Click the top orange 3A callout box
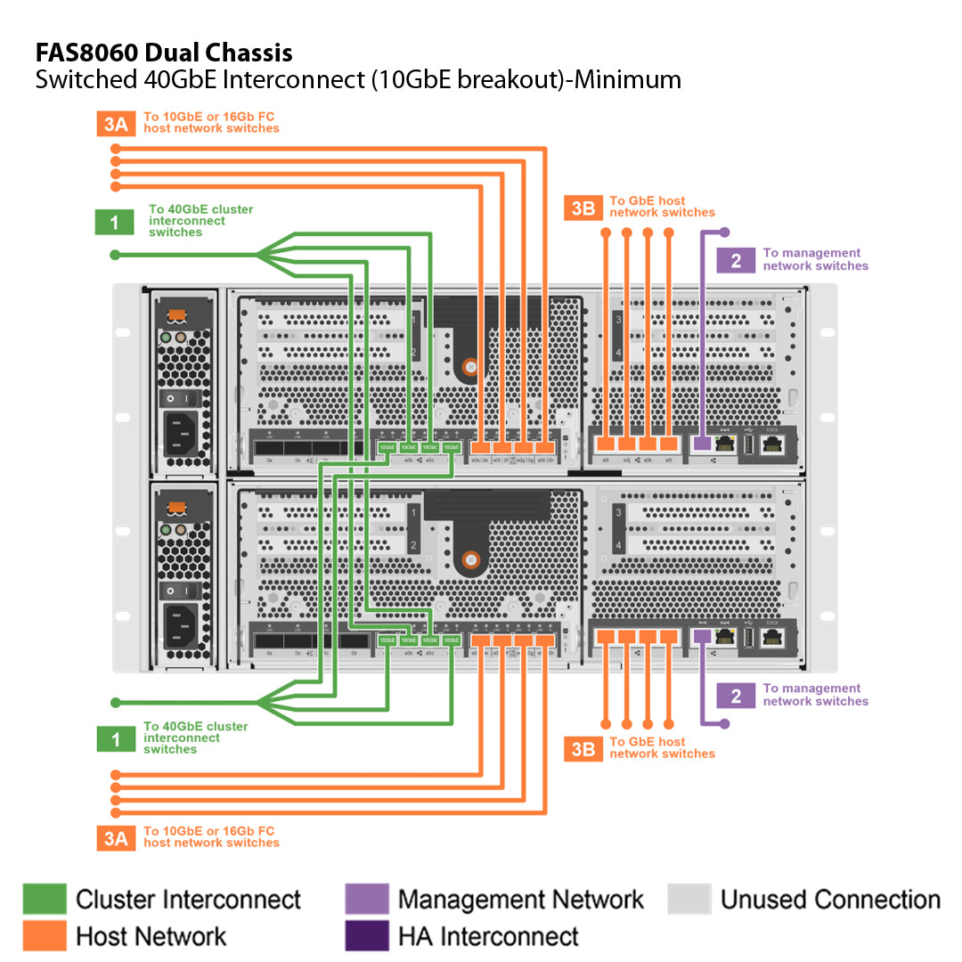(x=116, y=123)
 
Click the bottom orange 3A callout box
(x=116, y=838)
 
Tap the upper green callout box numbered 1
(x=114, y=221)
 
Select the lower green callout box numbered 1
(x=115, y=738)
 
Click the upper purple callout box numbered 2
(x=736, y=260)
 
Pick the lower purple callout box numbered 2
(x=736, y=695)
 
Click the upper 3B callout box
(x=583, y=208)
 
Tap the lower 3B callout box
(x=583, y=748)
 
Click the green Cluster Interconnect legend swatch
(x=45, y=899)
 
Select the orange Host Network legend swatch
(x=45, y=935)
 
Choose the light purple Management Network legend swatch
(x=367, y=899)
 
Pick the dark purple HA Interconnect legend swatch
(x=367, y=935)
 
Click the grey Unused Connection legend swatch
(x=689, y=899)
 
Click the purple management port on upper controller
(x=702, y=443)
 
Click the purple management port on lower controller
(x=702, y=636)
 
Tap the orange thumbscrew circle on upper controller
(x=469, y=365)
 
